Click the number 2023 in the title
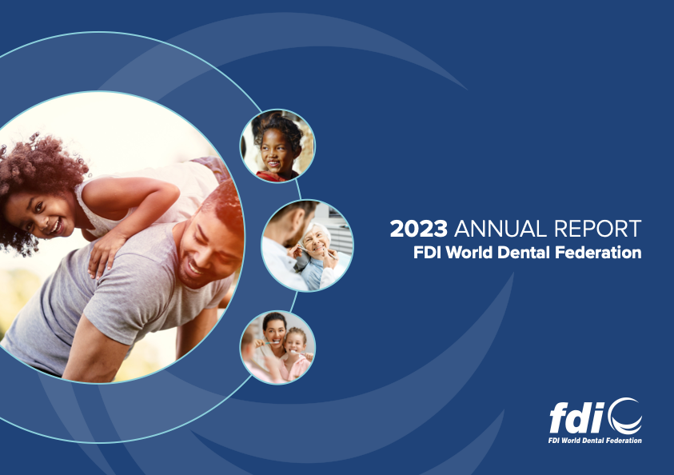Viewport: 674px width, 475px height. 418,229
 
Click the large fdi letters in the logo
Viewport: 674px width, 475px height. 577,417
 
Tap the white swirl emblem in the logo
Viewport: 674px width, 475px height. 625,416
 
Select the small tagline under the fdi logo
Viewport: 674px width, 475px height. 595,440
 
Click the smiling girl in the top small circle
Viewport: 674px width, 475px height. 277,148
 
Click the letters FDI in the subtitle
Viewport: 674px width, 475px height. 427,253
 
